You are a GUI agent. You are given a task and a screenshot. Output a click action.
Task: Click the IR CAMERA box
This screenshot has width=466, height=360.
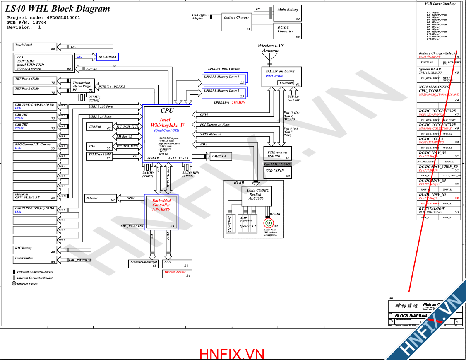[107, 57]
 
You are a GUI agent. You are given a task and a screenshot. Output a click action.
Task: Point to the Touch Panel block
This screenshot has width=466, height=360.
[35, 47]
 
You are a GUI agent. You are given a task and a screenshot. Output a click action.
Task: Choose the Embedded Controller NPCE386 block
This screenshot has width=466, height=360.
[161, 212]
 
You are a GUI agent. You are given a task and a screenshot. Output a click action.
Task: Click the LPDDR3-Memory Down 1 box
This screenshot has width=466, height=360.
[225, 79]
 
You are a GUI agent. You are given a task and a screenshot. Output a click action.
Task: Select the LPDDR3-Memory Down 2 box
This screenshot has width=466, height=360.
[225, 92]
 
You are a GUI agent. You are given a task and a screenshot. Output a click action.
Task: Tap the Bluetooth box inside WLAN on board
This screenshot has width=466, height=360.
[286, 83]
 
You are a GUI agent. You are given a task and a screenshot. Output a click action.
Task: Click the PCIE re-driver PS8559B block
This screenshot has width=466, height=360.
[277, 154]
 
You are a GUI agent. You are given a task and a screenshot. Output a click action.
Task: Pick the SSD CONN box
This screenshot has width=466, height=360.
[277, 172]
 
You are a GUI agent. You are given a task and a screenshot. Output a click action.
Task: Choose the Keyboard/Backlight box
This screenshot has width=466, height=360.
[144, 263]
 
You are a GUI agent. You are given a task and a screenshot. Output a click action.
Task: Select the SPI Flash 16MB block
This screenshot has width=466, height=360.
[100, 156]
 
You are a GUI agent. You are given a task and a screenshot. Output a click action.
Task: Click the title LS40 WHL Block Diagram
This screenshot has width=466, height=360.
[58, 9]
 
